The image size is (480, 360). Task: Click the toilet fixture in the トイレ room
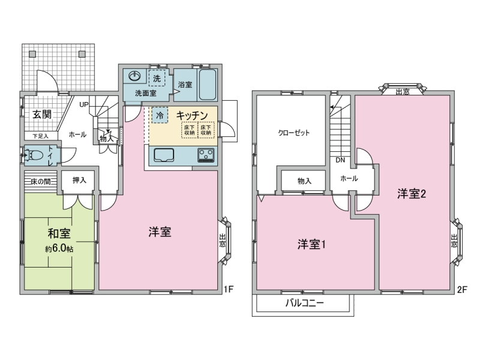(x=34, y=155)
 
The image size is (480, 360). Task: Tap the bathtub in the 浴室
(x=208, y=85)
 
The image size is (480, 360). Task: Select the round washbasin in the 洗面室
(x=134, y=76)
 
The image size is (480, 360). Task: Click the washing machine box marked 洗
(x=157, y=79)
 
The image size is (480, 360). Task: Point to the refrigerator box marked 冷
(x=160, y=115)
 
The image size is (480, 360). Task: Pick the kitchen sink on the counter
(x=164, y=155)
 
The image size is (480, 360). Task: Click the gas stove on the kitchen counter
(x=206, y=155)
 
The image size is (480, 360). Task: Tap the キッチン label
(x=192, y=115)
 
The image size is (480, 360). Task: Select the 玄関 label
(x=42, y=115)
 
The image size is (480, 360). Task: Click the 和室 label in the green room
(x=59, y=233)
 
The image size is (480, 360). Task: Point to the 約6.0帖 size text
(x=59, y=248)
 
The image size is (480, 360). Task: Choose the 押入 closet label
(x=79, y=181)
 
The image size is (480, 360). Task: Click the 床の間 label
(x=41, y=182)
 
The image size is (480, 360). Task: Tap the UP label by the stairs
(x=84, y=104)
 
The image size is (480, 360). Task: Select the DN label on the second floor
(x=340, y=160)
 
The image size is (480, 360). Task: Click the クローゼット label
(x=293, y=133)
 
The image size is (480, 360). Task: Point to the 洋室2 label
(x=412, y=194)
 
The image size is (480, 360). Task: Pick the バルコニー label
(x=305, y=303)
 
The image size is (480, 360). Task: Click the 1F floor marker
(x=229, y=289)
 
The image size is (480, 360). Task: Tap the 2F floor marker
(x=462, y=289)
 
